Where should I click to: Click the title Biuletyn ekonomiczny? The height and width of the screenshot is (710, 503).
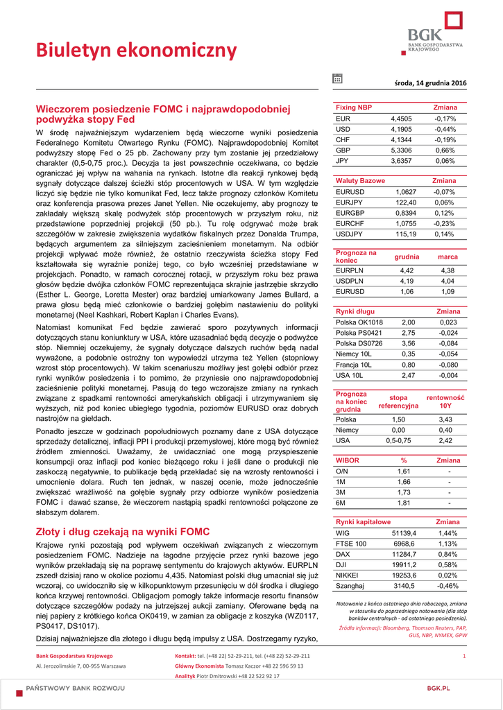coord(137,51)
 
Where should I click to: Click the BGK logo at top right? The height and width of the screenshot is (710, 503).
coord(435,35)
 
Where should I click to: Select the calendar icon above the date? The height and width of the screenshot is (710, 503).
coord(338,78)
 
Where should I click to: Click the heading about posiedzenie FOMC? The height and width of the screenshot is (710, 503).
coord(163,114)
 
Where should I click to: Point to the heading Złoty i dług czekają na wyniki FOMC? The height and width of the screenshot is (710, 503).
coord(122,532)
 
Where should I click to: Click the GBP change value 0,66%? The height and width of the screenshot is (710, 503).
coord(445,150)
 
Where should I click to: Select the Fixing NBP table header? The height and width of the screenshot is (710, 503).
coord(354,107)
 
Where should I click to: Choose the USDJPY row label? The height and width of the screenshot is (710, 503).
coord(350,234)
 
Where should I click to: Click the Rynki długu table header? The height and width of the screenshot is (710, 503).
coord(355,311)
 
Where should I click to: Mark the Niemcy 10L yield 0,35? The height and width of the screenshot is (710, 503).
coord(409,354)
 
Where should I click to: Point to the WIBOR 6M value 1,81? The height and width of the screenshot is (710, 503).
coord(404,503)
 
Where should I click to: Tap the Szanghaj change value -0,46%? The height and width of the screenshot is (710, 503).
coord(447,586)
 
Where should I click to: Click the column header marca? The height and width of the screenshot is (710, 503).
coord(447,257)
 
